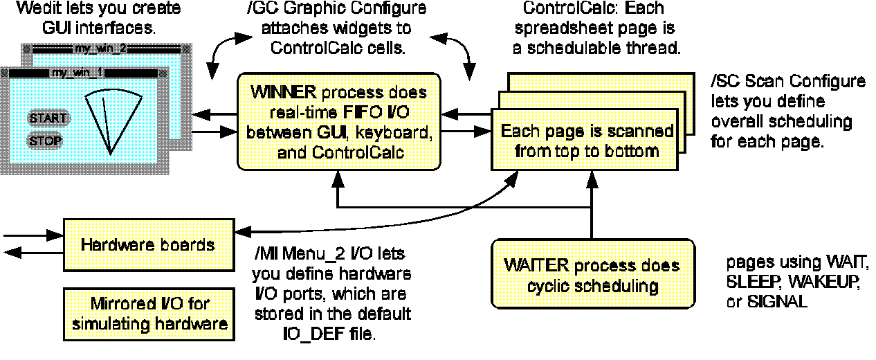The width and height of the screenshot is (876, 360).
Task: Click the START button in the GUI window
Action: tap(48, 118)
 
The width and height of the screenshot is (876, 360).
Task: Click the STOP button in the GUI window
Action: tap(45, 141)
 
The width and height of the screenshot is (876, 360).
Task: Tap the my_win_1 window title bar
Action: tap(76, 73)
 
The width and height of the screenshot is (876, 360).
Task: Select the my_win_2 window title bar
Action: tap(100, 49)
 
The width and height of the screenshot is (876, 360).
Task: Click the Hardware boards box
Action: tap(147, 245)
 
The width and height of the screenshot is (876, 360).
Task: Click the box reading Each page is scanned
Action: tap(589, 138)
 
